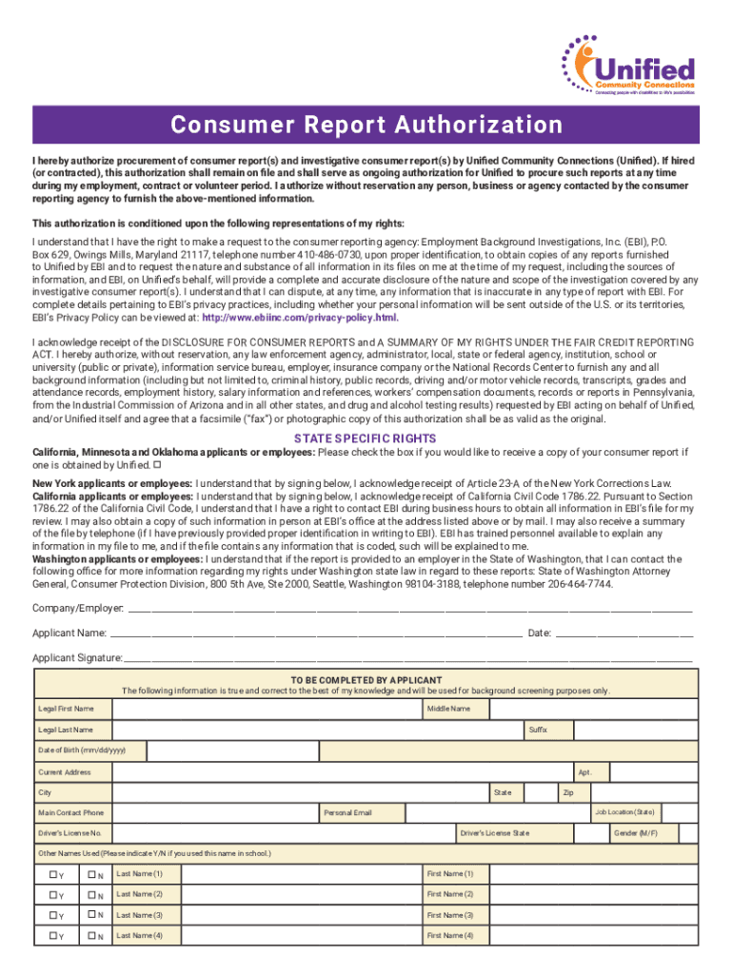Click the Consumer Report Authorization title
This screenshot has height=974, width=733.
366,126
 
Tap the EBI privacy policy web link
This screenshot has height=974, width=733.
293,318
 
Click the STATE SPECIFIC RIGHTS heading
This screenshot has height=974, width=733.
366,438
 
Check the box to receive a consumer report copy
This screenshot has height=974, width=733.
157,465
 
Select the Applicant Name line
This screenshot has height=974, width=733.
315,633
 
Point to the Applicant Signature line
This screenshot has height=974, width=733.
408,658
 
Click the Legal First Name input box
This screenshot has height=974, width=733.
267,709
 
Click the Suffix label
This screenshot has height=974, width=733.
537,730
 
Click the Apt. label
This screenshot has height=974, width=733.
584,771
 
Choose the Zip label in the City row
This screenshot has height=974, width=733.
567,792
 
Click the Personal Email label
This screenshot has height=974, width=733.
347,813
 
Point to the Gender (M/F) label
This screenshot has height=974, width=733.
635,833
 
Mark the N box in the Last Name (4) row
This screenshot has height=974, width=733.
93,937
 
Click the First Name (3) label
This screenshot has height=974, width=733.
450,915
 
